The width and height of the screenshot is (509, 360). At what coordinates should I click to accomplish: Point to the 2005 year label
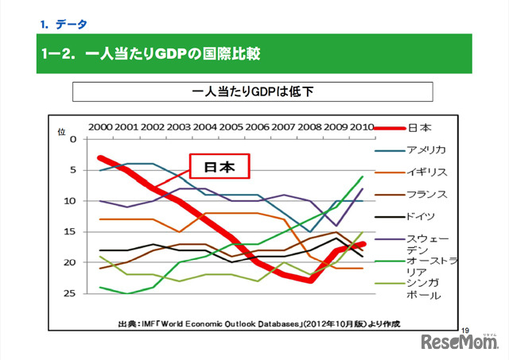click(231, 126)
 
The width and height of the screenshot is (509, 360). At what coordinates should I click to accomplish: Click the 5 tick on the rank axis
click(73, 170)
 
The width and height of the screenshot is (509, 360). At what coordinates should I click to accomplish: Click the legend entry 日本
click(419, 127)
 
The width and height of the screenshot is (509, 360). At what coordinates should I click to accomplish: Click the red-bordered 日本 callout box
click(219, 167)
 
